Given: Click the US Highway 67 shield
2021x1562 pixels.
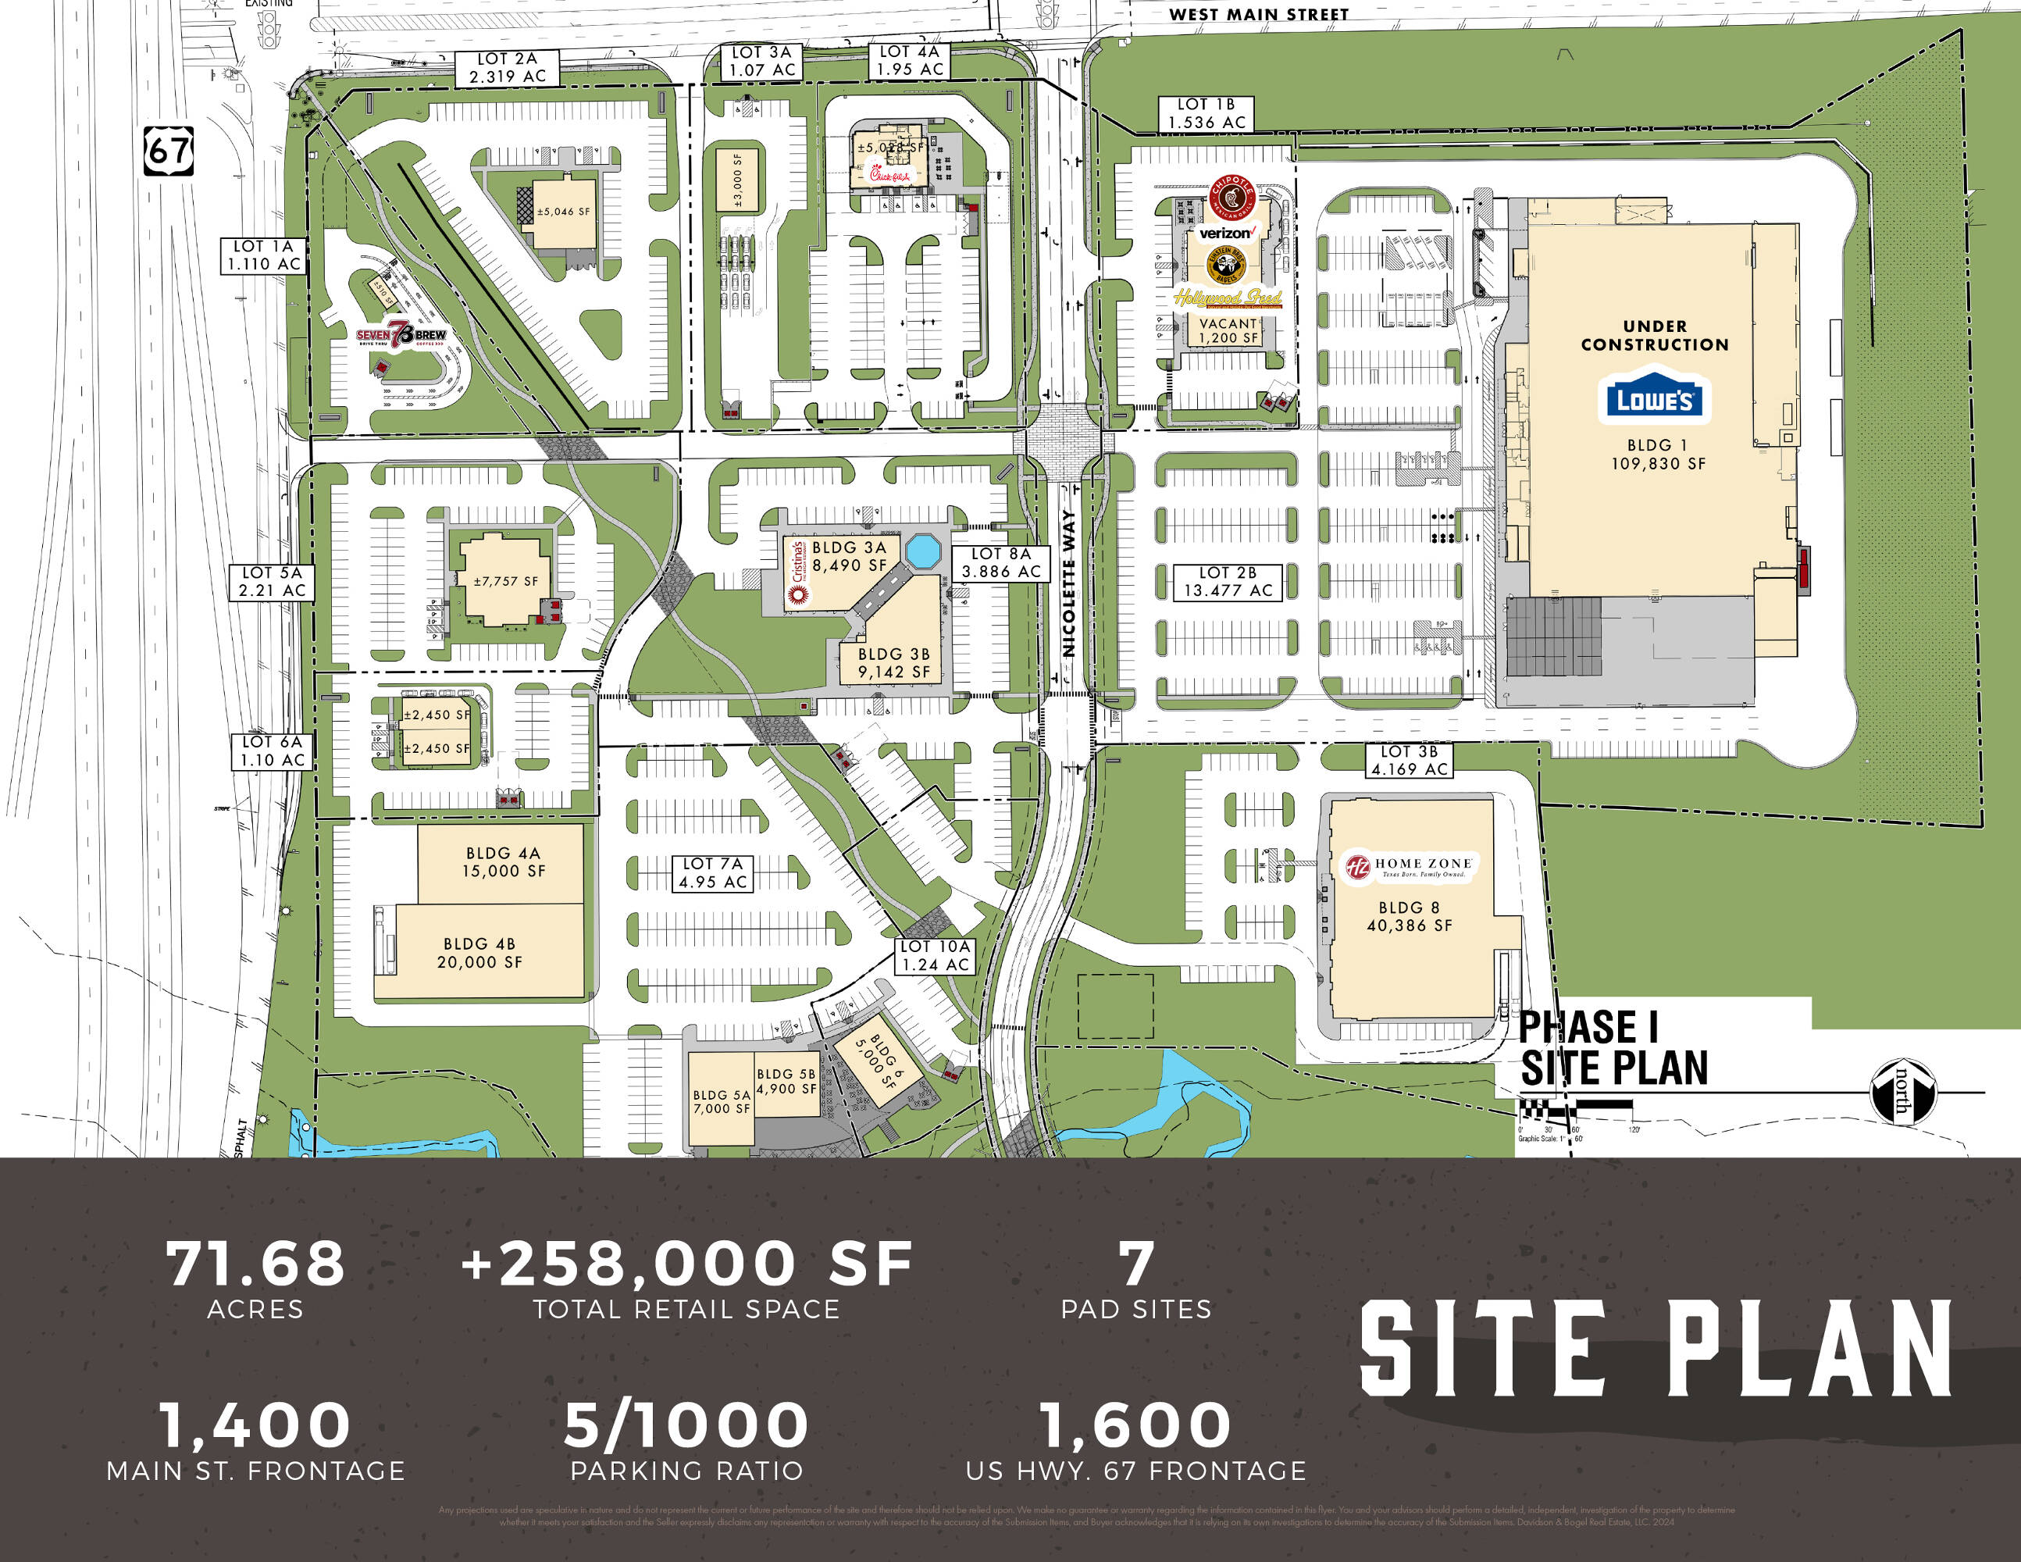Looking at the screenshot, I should pos(169,151).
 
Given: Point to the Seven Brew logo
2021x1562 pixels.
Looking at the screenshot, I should pos(401,335).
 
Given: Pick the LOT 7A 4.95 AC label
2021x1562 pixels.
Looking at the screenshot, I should pos(711,872).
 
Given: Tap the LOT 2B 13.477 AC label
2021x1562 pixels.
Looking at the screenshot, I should pos(1227,582).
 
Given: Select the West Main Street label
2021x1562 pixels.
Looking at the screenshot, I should pos(1259,14).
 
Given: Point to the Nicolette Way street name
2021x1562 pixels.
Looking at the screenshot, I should pos(1069,583).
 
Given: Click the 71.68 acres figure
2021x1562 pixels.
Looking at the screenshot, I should pos(255,1263).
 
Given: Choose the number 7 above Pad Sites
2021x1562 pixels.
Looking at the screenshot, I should pos(1136,1263).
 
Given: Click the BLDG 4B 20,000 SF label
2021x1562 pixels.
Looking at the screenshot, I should pos(479,953).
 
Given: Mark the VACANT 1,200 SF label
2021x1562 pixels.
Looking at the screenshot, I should pos(1228,330).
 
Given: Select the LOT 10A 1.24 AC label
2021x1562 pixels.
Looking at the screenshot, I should pos(936,955).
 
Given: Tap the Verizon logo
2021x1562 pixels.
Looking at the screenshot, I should pos(1226,234).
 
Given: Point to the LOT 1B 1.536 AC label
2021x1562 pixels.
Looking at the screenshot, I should pos(1207,113).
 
